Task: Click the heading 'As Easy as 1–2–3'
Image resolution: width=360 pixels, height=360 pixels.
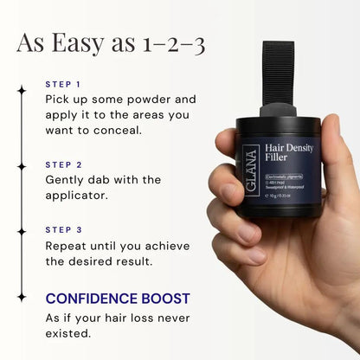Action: point(111,43)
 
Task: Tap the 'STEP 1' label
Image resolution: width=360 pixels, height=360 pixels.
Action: point(62,85)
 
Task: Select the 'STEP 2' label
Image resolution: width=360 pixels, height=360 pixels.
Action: point(63,163)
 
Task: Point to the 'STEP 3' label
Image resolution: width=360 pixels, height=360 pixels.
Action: point(63,230)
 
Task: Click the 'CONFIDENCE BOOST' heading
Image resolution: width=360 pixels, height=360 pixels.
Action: point(117,299)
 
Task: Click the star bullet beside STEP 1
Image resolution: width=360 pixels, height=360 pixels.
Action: point(21,88)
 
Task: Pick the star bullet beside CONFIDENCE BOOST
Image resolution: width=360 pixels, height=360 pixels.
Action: point(21,297)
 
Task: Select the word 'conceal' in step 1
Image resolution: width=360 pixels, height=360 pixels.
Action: point(112,132)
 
